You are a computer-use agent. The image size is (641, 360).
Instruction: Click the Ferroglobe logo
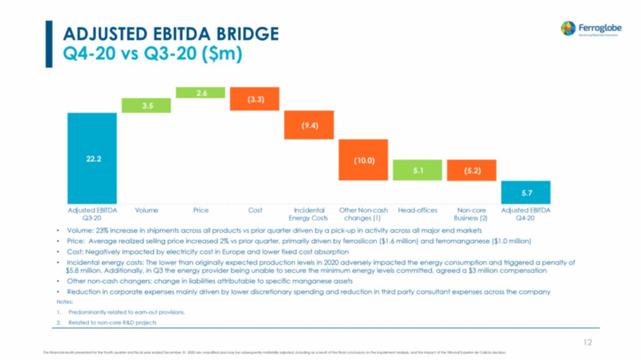591,28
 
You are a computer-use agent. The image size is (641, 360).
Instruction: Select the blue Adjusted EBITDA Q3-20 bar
92,158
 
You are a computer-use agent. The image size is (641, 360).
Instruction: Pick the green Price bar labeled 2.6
201,93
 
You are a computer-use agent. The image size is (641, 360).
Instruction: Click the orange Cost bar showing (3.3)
255,99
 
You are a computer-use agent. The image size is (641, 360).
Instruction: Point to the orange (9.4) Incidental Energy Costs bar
309,125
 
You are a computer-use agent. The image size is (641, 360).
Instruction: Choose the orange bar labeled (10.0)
363,160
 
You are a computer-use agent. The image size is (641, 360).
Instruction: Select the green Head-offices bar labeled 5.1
418,170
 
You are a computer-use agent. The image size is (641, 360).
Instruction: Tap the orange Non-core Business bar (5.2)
472,170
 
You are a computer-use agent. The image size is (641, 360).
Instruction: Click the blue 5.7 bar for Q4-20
526,192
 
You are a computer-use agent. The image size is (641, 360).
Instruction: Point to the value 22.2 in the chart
93,159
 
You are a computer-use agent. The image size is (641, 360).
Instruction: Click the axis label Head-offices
418,210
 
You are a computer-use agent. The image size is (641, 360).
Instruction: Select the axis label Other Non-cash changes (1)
363,214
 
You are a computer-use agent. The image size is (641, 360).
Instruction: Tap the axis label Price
201,210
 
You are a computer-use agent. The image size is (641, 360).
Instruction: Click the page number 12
587,343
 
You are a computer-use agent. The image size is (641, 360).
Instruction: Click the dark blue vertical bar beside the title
49,44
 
